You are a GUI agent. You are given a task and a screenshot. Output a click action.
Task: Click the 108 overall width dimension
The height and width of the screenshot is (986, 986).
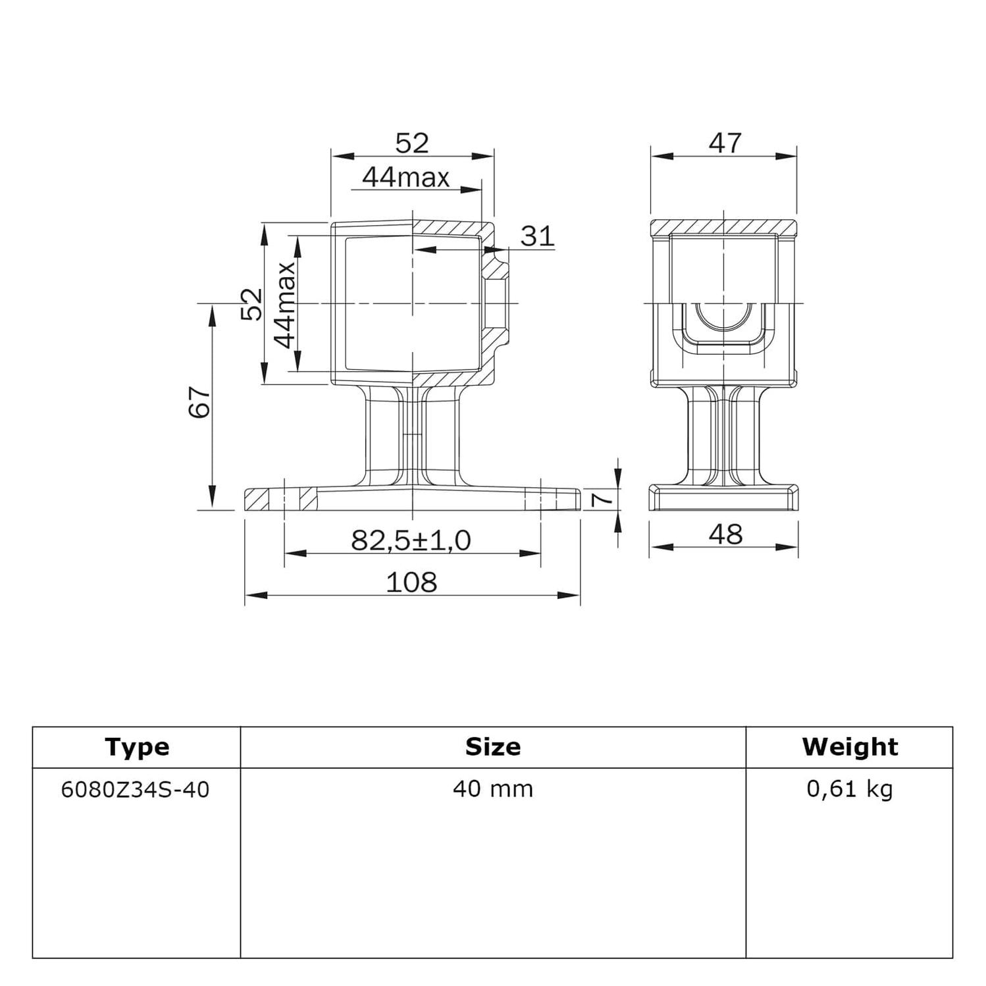pyautogui.click(x=411, y=583)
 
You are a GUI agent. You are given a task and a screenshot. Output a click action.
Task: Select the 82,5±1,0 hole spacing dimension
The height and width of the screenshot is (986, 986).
pyautogui.click(x=411, y=540)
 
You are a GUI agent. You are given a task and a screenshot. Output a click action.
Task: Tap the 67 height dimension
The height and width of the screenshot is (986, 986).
pyautogui.click(x=199, y=402)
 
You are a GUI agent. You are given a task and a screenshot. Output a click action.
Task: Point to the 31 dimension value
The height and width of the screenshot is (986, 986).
pyautogui.click(x=537, y=236)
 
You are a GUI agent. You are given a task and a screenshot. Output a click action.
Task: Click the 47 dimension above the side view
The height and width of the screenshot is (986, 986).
pyautogui.click(x=725, y=143)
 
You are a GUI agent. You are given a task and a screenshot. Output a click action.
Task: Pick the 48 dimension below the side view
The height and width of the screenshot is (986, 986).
pyautogui.click(x=725, y=534)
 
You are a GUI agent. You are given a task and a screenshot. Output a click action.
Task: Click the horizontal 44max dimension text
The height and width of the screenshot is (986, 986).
pyautogui.click(x=406, y=177)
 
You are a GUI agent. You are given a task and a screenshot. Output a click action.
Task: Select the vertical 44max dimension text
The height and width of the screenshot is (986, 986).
pyautogui.click(x=285, y=304)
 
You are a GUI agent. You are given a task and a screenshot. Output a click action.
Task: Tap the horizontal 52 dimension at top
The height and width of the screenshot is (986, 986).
pyautogui.click(x=412, y=143)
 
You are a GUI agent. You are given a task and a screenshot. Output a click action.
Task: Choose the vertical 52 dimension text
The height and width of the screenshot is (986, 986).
pyautogui.click(x=251, y=304)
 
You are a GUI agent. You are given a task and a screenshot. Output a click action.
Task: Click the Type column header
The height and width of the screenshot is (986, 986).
pyautogui.click(x=137, y=747)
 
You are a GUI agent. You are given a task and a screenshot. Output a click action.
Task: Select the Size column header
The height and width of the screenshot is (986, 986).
pyautogui.click(x=492, y=747)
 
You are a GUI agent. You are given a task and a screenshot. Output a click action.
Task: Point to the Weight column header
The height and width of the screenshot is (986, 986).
pyautogui.click(x=849, y=747)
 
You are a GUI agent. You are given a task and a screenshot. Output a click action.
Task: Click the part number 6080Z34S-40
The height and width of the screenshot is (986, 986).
pyautogui.click(x=135, y=789)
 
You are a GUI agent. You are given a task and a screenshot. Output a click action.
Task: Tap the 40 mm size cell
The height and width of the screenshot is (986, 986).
pyautogui.click(x=492, y=789)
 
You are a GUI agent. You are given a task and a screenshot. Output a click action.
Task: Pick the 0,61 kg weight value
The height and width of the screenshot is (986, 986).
pyautogui.click(x=849, y=789)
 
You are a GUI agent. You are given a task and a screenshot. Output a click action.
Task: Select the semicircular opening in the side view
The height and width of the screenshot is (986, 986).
pyautogui.click(x=724, y=317)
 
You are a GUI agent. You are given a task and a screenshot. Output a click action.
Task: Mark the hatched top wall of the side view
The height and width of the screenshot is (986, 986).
pyautogui.click(x=724, y=228)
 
